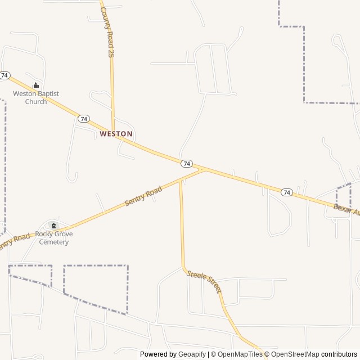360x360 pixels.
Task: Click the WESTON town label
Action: click(116, 134)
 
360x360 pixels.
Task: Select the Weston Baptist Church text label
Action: click(36, 97)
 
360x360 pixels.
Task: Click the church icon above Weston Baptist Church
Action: click(36, 85)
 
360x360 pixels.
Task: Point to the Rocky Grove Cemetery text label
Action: click(53, 238)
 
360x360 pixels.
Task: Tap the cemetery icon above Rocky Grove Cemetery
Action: click(55, 225)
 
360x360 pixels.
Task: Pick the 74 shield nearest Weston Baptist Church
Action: click(5, 75)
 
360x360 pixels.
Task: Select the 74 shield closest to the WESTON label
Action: click(84, 119)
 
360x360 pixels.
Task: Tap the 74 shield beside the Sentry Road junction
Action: click(187, 163)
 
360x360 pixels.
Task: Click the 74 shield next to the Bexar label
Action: click(287, 192)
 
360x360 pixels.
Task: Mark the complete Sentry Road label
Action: click(143, 196)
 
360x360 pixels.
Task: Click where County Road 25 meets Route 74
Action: click(114, 133)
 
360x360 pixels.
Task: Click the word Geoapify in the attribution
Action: click(192, 354)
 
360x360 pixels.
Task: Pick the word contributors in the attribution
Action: click(339, 354)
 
